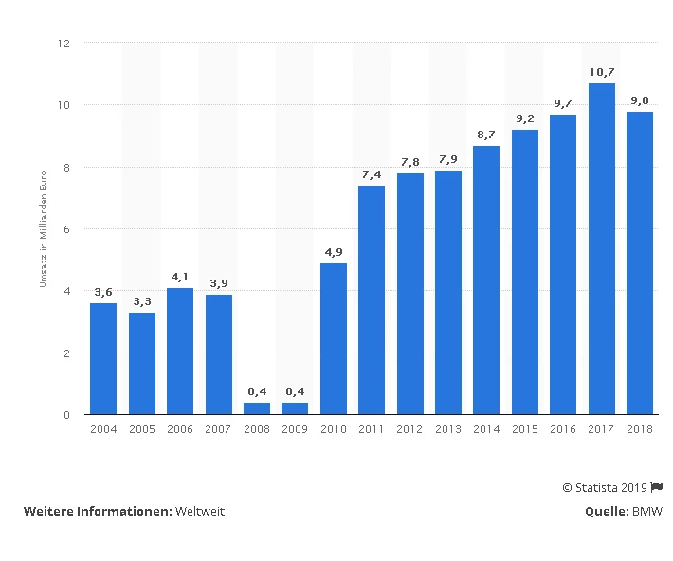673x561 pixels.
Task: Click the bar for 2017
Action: (602, 248)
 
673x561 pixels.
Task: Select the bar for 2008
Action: (256, 408)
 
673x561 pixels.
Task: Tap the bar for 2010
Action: (334, 338)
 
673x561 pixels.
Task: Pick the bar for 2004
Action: (103, 358)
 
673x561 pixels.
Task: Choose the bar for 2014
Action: (486, 280)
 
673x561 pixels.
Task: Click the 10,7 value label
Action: (602, 72)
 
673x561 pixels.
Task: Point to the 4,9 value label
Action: (334, 252)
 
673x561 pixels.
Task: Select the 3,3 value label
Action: (142, 301)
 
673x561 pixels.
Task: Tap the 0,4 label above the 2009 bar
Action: (295, 391)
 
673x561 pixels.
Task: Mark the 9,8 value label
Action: (640, 100)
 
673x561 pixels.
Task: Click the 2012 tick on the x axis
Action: (409, 430)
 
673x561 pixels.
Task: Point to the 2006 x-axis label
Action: (180, 430)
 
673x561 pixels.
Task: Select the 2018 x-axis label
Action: (640, 430)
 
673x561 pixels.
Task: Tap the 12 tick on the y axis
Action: (64, 44)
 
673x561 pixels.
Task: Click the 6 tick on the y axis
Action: (67, 229)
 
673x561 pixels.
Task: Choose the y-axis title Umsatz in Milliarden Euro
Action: (43, 228)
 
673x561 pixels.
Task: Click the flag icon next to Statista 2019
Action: (657, 487)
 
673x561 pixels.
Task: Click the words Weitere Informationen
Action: (97, 511)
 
